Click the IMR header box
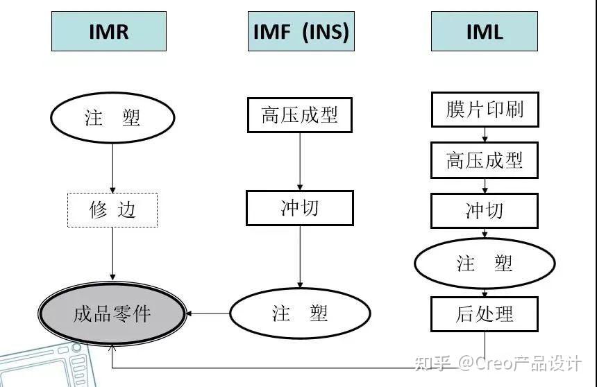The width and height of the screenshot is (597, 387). (x=108, y=31)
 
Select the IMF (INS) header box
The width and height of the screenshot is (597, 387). (x=301, y=31)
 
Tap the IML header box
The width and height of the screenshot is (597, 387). (x=485, y=31)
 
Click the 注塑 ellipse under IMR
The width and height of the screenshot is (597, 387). (x=112, y=117)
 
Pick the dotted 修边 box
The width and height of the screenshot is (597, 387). (x=112, y=210)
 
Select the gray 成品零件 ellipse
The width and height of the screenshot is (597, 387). (x=112, y=314)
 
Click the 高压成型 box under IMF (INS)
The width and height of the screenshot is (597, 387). (x=300, y=115)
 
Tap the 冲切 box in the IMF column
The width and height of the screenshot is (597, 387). (x=300, y=208)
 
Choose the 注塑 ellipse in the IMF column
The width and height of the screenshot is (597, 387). (x=300, y=313)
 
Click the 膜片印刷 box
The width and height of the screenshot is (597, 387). (x=485, y=110)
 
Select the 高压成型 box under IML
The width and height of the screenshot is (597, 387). (x=485, y=161)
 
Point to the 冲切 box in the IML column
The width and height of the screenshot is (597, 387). (x=485, y=211)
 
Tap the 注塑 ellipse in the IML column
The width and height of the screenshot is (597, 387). (x=485, y=264)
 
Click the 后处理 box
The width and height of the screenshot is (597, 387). (x=485, y=314)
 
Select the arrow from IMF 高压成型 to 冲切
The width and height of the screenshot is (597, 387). (x=300, y=161)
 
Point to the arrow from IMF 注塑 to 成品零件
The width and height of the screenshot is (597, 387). (x=208, y=313)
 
